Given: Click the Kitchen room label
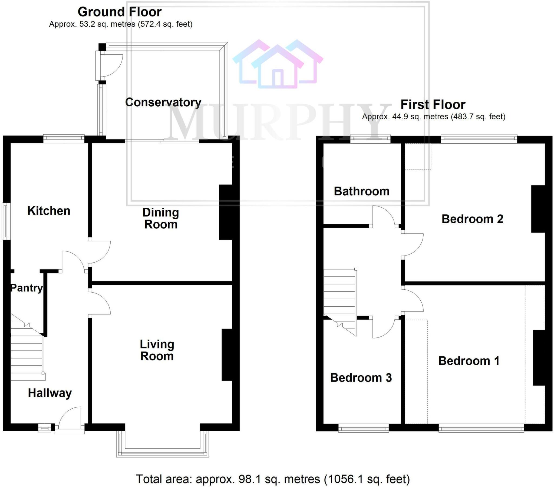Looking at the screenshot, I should coord(49,211).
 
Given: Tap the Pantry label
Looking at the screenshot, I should coord(26,288).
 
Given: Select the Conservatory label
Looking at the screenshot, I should coord(163,102).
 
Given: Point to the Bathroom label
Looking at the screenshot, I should coord(362,191).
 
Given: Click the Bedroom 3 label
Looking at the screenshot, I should coord(361,377).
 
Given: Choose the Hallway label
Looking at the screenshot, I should coord(50,393).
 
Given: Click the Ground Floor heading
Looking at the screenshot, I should coord(120,12).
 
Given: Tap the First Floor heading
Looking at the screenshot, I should coord(433,105).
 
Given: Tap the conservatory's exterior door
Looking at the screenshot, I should coord(110,66).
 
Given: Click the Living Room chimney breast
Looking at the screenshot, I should coord(227,355).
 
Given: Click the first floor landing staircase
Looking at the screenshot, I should coord(340,298).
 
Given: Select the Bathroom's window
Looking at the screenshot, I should coord(370,139).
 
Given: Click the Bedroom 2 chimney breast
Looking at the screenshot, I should coord(538,209).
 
